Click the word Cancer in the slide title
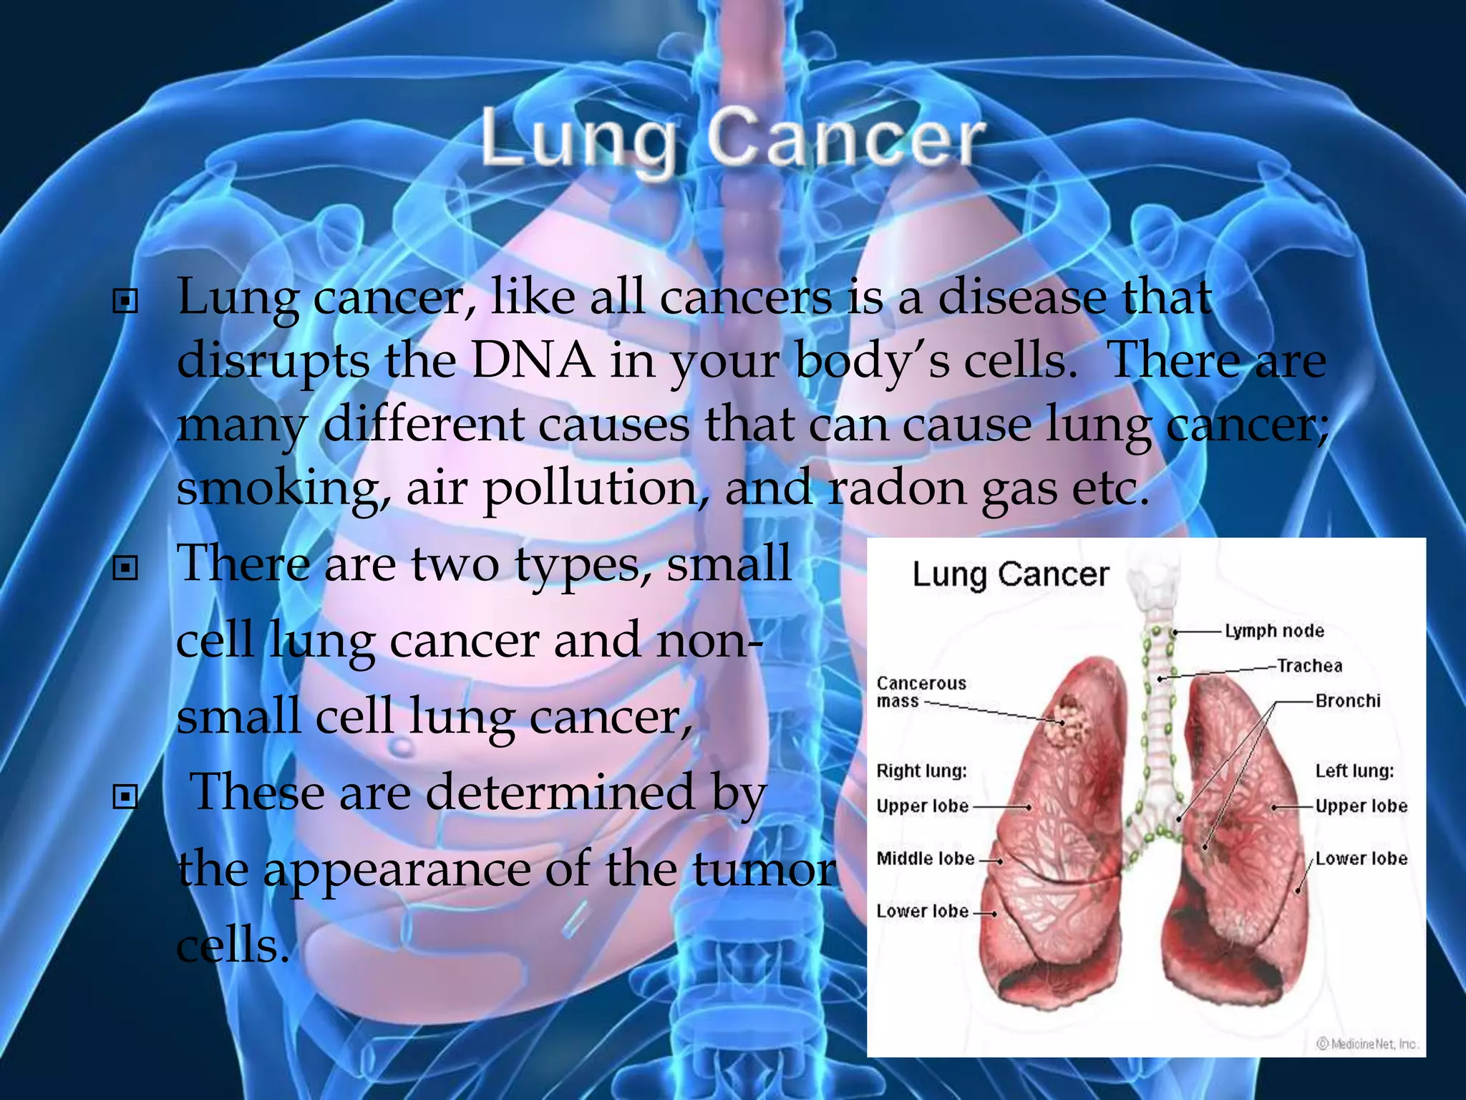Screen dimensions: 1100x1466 click(845, 137)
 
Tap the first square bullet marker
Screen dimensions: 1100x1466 click(125, 302)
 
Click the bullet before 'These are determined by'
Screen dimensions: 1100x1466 click(125, 796)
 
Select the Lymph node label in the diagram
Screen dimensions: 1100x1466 click(1274, 631)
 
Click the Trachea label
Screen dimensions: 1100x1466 click(1309, 666)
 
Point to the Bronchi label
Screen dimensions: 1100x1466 click(1348, 700)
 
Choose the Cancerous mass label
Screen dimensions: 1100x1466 click(921, 692)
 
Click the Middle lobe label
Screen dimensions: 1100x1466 click(925, 858)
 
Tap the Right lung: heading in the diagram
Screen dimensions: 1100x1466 click(921, 771)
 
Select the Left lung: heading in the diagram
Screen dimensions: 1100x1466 click(1354, 771)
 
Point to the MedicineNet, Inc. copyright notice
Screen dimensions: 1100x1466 click(1367, 1044)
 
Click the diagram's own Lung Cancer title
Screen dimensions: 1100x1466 click(1010, 574)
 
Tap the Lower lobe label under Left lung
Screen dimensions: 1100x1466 click(1361, 858)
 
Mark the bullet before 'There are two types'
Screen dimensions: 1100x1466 click(125, 569)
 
